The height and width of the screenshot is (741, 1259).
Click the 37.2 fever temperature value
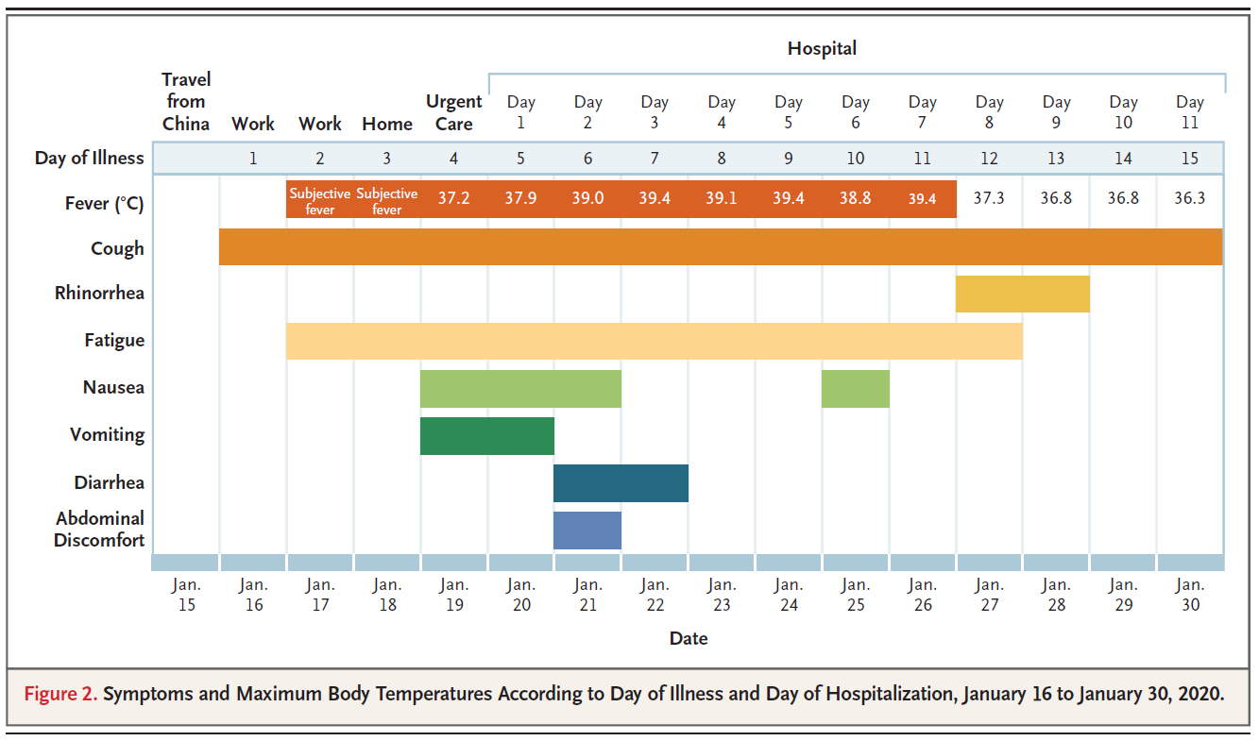pyautogui.click(x=453, y=199)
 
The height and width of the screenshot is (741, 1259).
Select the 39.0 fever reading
pyautogui.click(x=587, y=199)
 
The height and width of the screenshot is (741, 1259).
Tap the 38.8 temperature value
pyautogui.click(x=855, y=199)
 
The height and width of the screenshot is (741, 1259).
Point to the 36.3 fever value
pyautogui.click(x=1190, y=199)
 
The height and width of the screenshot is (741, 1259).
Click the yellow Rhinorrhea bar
pyautogui.click(x=1022, y=294)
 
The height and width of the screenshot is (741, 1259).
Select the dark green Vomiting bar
pyautogui.click(x=486, y=435)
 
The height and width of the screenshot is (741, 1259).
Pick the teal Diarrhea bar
pyautogui.click(x=621, y=482)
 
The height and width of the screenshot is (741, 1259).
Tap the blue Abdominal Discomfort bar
pyautogui.click(x=587, y=530)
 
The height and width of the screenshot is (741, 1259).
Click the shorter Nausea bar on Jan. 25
pyautogui.click(x=855, y=388)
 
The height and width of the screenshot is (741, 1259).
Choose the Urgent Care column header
pyautogui.click(x=453, y=112)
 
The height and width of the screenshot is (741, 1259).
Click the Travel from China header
pyautogui.click(x=186, y=101)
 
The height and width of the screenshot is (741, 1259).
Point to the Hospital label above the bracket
pyautogui.click(x=822, y=48)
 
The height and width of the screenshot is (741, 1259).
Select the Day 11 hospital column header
pyautogui.click(x=1190, y=112)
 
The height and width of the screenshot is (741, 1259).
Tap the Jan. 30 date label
pyautogui.click(x=1190, y=595)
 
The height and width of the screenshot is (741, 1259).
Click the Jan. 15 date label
pyautogui.click(x=186, y=595)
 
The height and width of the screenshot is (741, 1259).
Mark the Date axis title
pyautogui.click(x=689, y=639)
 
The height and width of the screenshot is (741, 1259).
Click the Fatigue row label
pyautogui.click(x=114, y=341)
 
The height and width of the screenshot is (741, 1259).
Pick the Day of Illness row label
pyautogui.click(x=90, y=158)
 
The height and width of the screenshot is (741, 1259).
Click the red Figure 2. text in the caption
pyautogui.click(x=60, y=695)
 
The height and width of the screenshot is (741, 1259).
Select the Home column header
pyautogui.click(x=387, y=124)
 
